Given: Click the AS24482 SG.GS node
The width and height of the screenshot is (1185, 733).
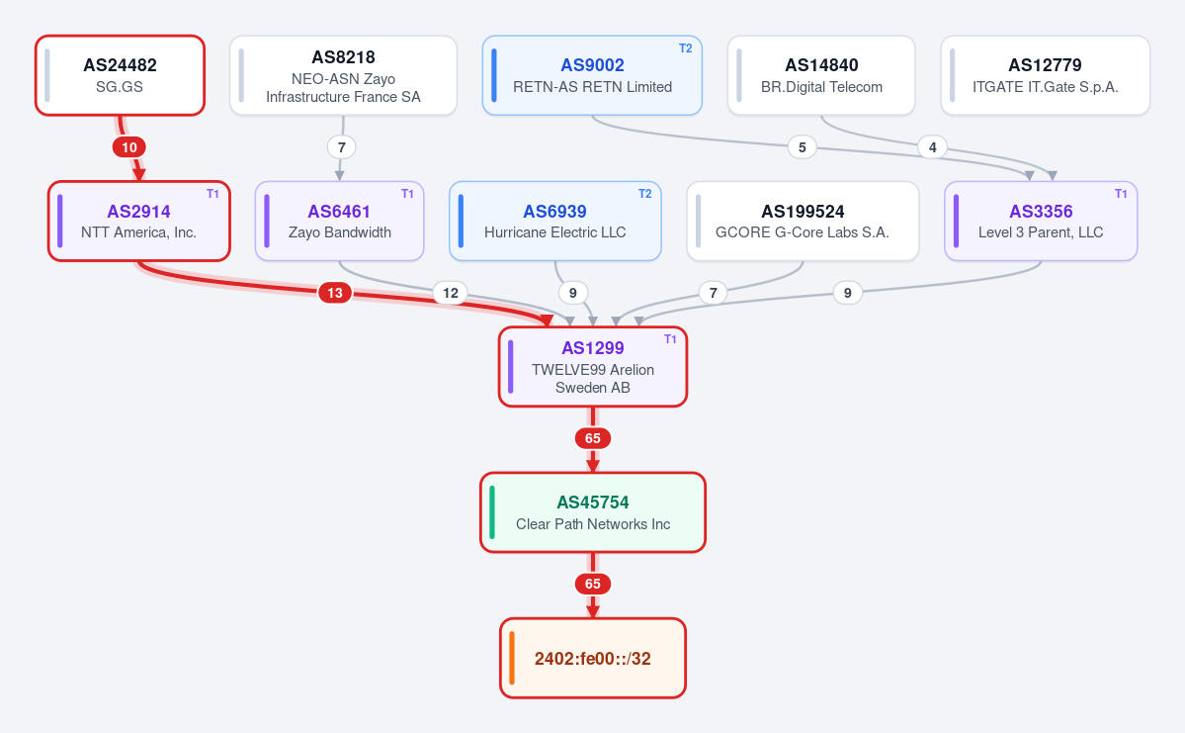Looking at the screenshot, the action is pyautogui.click(x=121, y=75).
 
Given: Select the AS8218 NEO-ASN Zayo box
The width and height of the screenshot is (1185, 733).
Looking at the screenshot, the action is pyautogui.click(x=343, y=75).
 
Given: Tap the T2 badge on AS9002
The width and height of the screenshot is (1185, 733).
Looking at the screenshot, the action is pyautogui.click(x=686, y=48).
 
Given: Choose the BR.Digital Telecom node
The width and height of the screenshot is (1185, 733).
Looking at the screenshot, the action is pyautogui.click(x=821, y=75).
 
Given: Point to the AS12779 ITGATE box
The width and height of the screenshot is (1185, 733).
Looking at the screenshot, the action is pyautogui.click(x=1046, y=75).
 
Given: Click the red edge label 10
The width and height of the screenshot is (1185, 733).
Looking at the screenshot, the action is pyautogui.click(x=129, y=147).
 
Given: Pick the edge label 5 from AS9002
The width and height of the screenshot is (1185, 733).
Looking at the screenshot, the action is pyautogui.click(x=802, y=146).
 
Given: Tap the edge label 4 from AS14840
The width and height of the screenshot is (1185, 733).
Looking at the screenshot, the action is pyautogui.click(x=933, y=146).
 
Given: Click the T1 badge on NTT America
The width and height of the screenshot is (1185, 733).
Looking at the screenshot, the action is pyautogui.click(x=213, y=194).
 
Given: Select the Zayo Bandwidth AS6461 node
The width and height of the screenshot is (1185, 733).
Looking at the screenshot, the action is pyautogui.click(x=339, y=221).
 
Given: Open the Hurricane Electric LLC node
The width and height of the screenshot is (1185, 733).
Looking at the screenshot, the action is pyautogui.click(x=555, y=221).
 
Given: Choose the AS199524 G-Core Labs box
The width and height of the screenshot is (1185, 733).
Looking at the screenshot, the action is pyautogui.click(x=803, y=221).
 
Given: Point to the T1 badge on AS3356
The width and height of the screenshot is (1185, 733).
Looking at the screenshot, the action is pyautogui.click(x=1121, y=194).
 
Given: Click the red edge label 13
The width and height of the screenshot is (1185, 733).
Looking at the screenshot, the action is pyautogui.click(x=335, y=293).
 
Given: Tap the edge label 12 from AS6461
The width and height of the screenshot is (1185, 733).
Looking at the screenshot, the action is pyautogui.click(x=451, y=293).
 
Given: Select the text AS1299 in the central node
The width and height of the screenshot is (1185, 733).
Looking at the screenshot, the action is pyautogui.click(x=593, y=348).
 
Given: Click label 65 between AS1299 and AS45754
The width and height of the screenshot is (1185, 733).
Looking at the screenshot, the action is pyautogui.click(x=593, y=438).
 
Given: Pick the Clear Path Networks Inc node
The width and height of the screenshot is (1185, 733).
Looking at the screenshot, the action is pyautogui.click(x=593, y=512).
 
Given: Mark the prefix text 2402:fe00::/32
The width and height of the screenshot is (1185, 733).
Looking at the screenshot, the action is pyautogui.click(x=593, y=659).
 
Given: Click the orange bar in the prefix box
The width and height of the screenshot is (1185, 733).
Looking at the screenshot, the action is pyautogui.click(x=512, y=658).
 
